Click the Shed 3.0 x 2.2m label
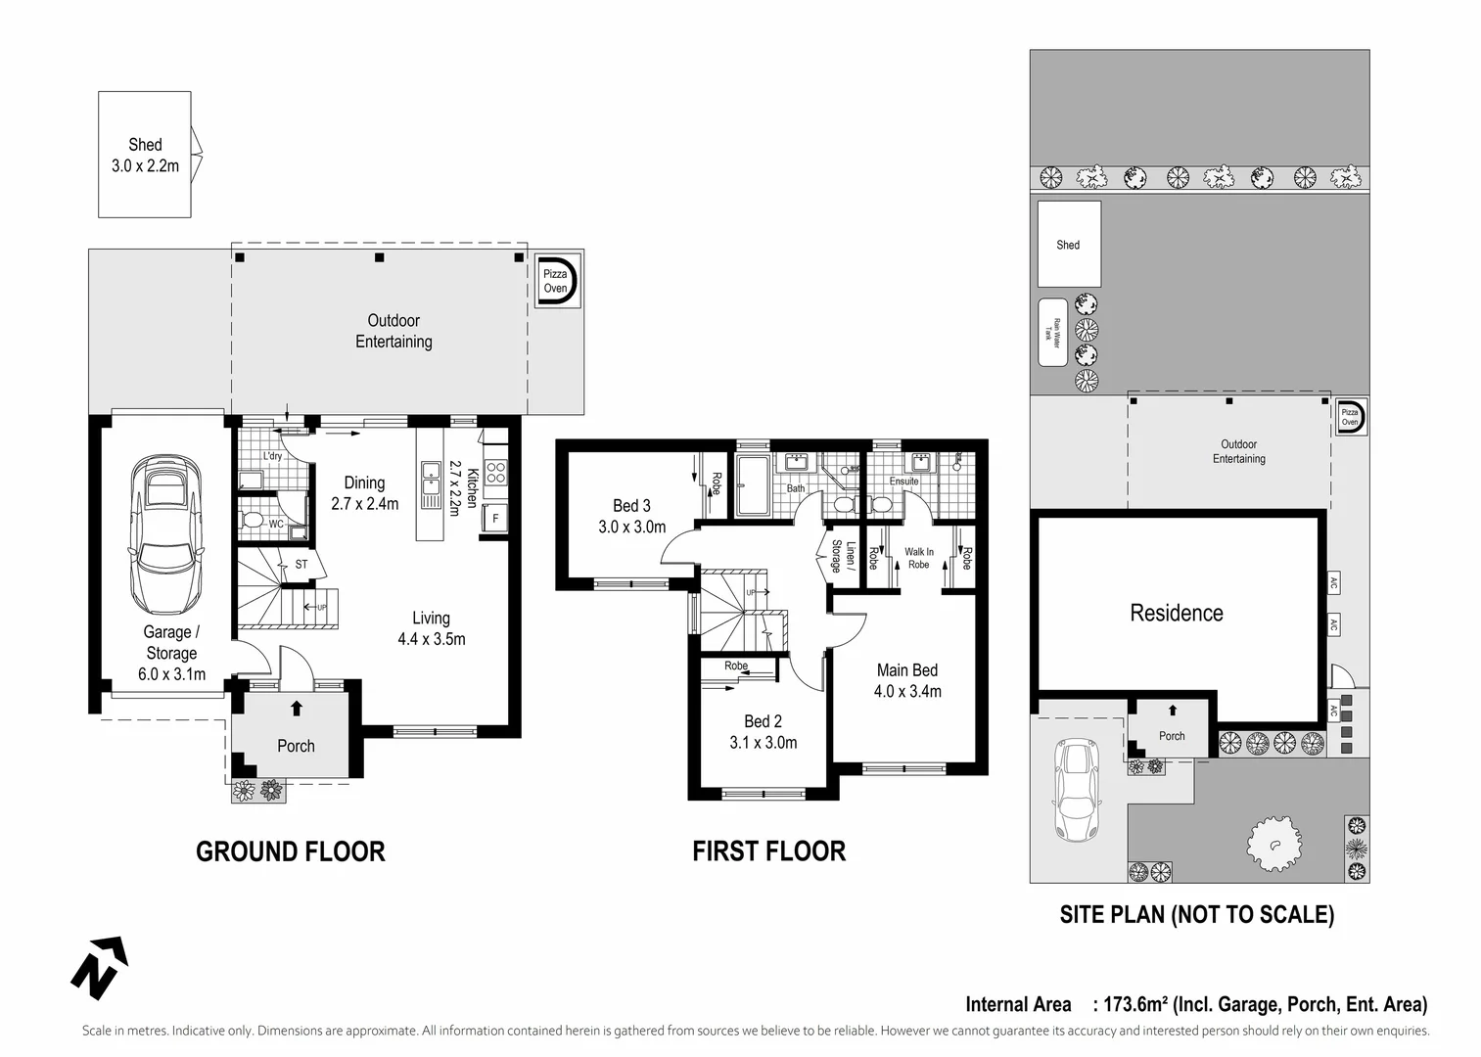[x=145, y=156]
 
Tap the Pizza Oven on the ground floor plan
[x=556, y=281]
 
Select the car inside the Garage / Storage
[x=166, y=534]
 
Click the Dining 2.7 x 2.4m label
[x=364, y=493]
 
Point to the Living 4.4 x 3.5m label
[x=431, y=628]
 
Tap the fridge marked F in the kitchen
[x=494, y=519]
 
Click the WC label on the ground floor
[x=276, y=525]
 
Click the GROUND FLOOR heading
[x=291, y=851]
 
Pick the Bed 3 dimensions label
[x=631, y=527]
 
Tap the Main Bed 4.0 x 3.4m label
[x=907, y=681]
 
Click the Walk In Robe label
[x=918, y=558]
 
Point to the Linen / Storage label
[x=844, y=556]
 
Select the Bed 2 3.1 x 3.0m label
[x=763, y=732]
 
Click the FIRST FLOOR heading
[x=768, y=851]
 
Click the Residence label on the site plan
[x=1177, y=614]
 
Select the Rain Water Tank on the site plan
[x=1052, y=333]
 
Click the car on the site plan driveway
[x=1075, y=791]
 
